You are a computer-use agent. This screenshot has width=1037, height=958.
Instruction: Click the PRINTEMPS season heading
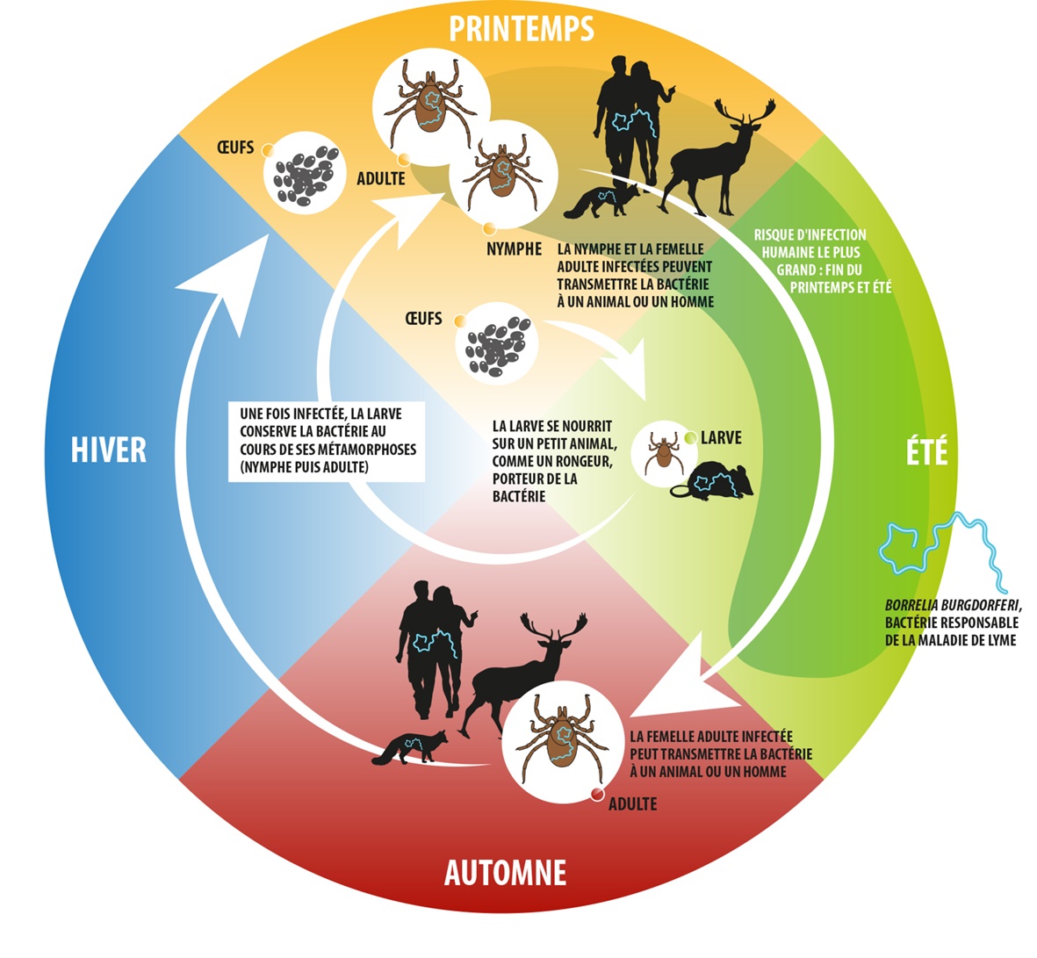[522, 28]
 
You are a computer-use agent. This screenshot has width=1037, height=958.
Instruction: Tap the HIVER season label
[109, 450]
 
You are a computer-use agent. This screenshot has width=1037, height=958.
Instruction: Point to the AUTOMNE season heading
[505, 873]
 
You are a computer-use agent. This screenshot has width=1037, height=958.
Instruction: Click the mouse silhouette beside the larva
[718, 481]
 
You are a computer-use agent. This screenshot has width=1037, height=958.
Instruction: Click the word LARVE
[721, 437]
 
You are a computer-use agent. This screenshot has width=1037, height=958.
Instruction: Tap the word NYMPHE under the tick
[514, 249]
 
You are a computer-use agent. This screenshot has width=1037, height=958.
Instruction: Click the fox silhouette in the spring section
[600, 201]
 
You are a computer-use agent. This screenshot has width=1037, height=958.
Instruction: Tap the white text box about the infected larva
[328, 441]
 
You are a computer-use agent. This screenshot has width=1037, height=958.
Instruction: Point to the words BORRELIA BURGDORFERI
[954, 606]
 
